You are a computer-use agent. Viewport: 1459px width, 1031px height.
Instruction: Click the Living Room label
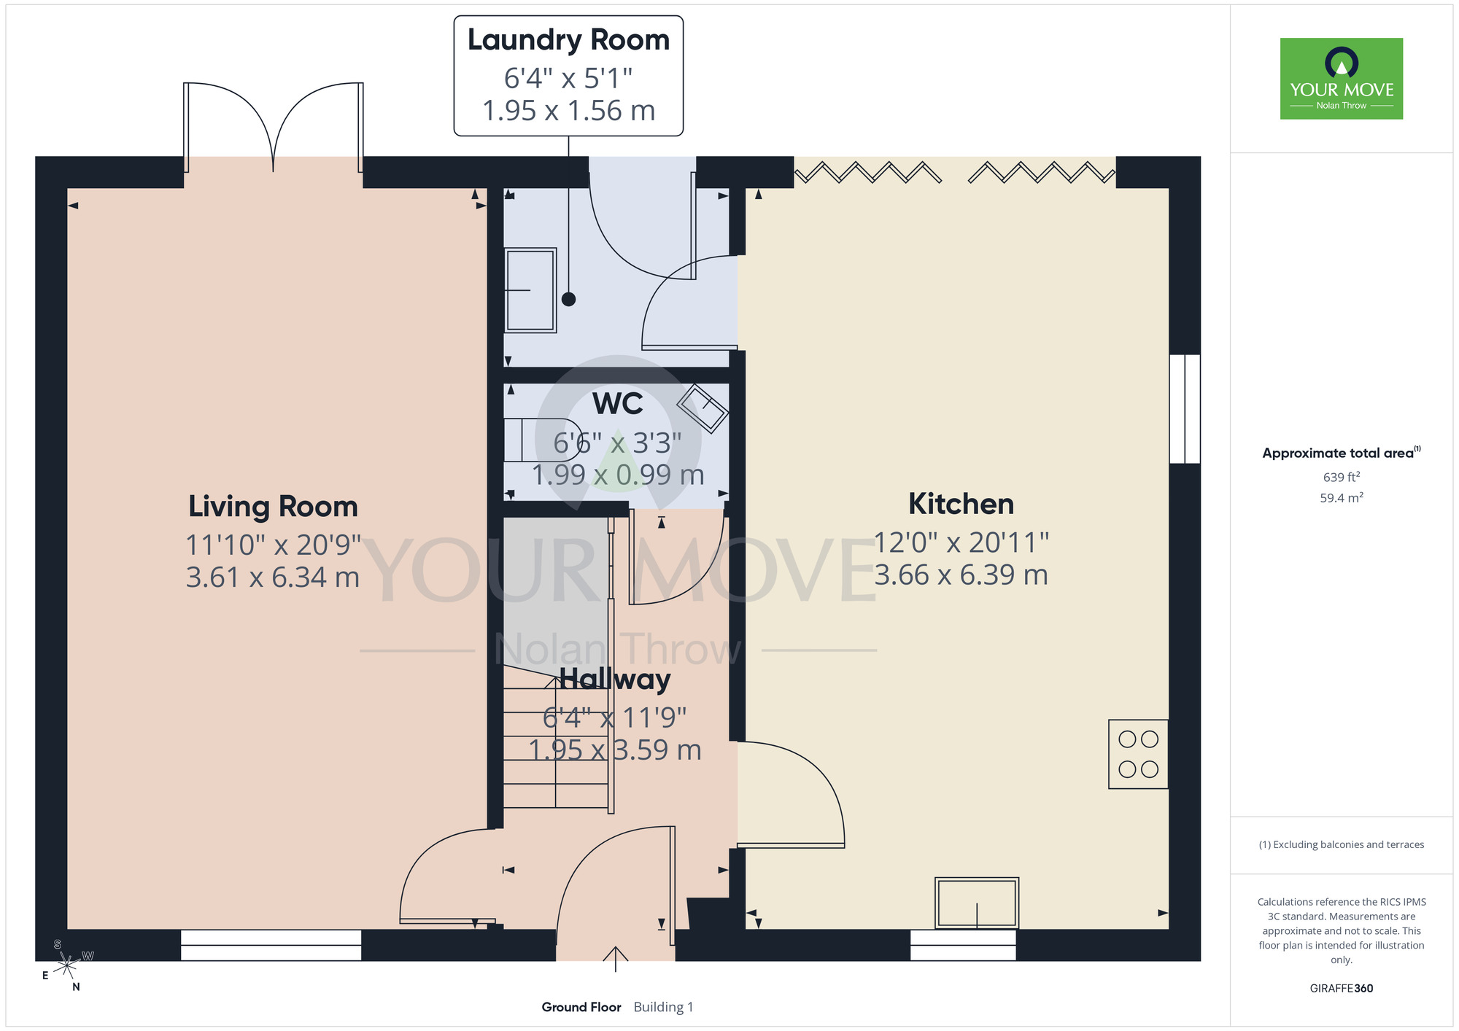click(x=273, y=507)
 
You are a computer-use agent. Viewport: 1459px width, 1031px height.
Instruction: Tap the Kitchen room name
click(x=961, y=504)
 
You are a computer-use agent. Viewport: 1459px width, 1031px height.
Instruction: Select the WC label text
click(x=617, y=403)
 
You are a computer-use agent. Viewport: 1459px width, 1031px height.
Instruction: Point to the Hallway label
click(x=615, y=679)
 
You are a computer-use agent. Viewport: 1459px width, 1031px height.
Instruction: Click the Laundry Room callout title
click(x=568, y=40)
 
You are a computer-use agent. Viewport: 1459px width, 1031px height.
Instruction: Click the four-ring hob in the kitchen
click(x=1138, y=754)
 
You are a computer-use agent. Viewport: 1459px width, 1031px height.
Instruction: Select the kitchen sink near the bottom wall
click(x=976, y=903)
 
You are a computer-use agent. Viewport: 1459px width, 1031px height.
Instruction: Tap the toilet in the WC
click(x=542, y=440)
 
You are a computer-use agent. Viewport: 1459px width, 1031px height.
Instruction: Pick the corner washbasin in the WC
click(x=703, y=408)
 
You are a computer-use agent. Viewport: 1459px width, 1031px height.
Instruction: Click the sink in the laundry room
click(x=530, y=290)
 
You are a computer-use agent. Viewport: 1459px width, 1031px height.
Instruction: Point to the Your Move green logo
click(x=1342, y=79)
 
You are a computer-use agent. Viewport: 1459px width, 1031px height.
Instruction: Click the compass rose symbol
click(x=66, y=965)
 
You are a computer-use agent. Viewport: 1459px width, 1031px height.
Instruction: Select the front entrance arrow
click(x=616, y=959)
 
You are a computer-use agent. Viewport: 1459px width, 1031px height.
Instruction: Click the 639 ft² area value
click(x=1342, y=477)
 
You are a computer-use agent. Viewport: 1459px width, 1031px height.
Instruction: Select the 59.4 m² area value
click(x=1342, y=498)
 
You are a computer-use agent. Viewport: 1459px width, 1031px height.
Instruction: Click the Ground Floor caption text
click(x=581, y=1007)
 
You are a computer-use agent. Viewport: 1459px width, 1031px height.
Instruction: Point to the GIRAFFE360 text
click(x=1342, y=989)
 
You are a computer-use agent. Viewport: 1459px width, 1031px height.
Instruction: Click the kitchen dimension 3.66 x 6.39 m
click(x=961, y=575)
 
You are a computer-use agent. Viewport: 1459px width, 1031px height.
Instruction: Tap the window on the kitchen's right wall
click(x=1185, y=409)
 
